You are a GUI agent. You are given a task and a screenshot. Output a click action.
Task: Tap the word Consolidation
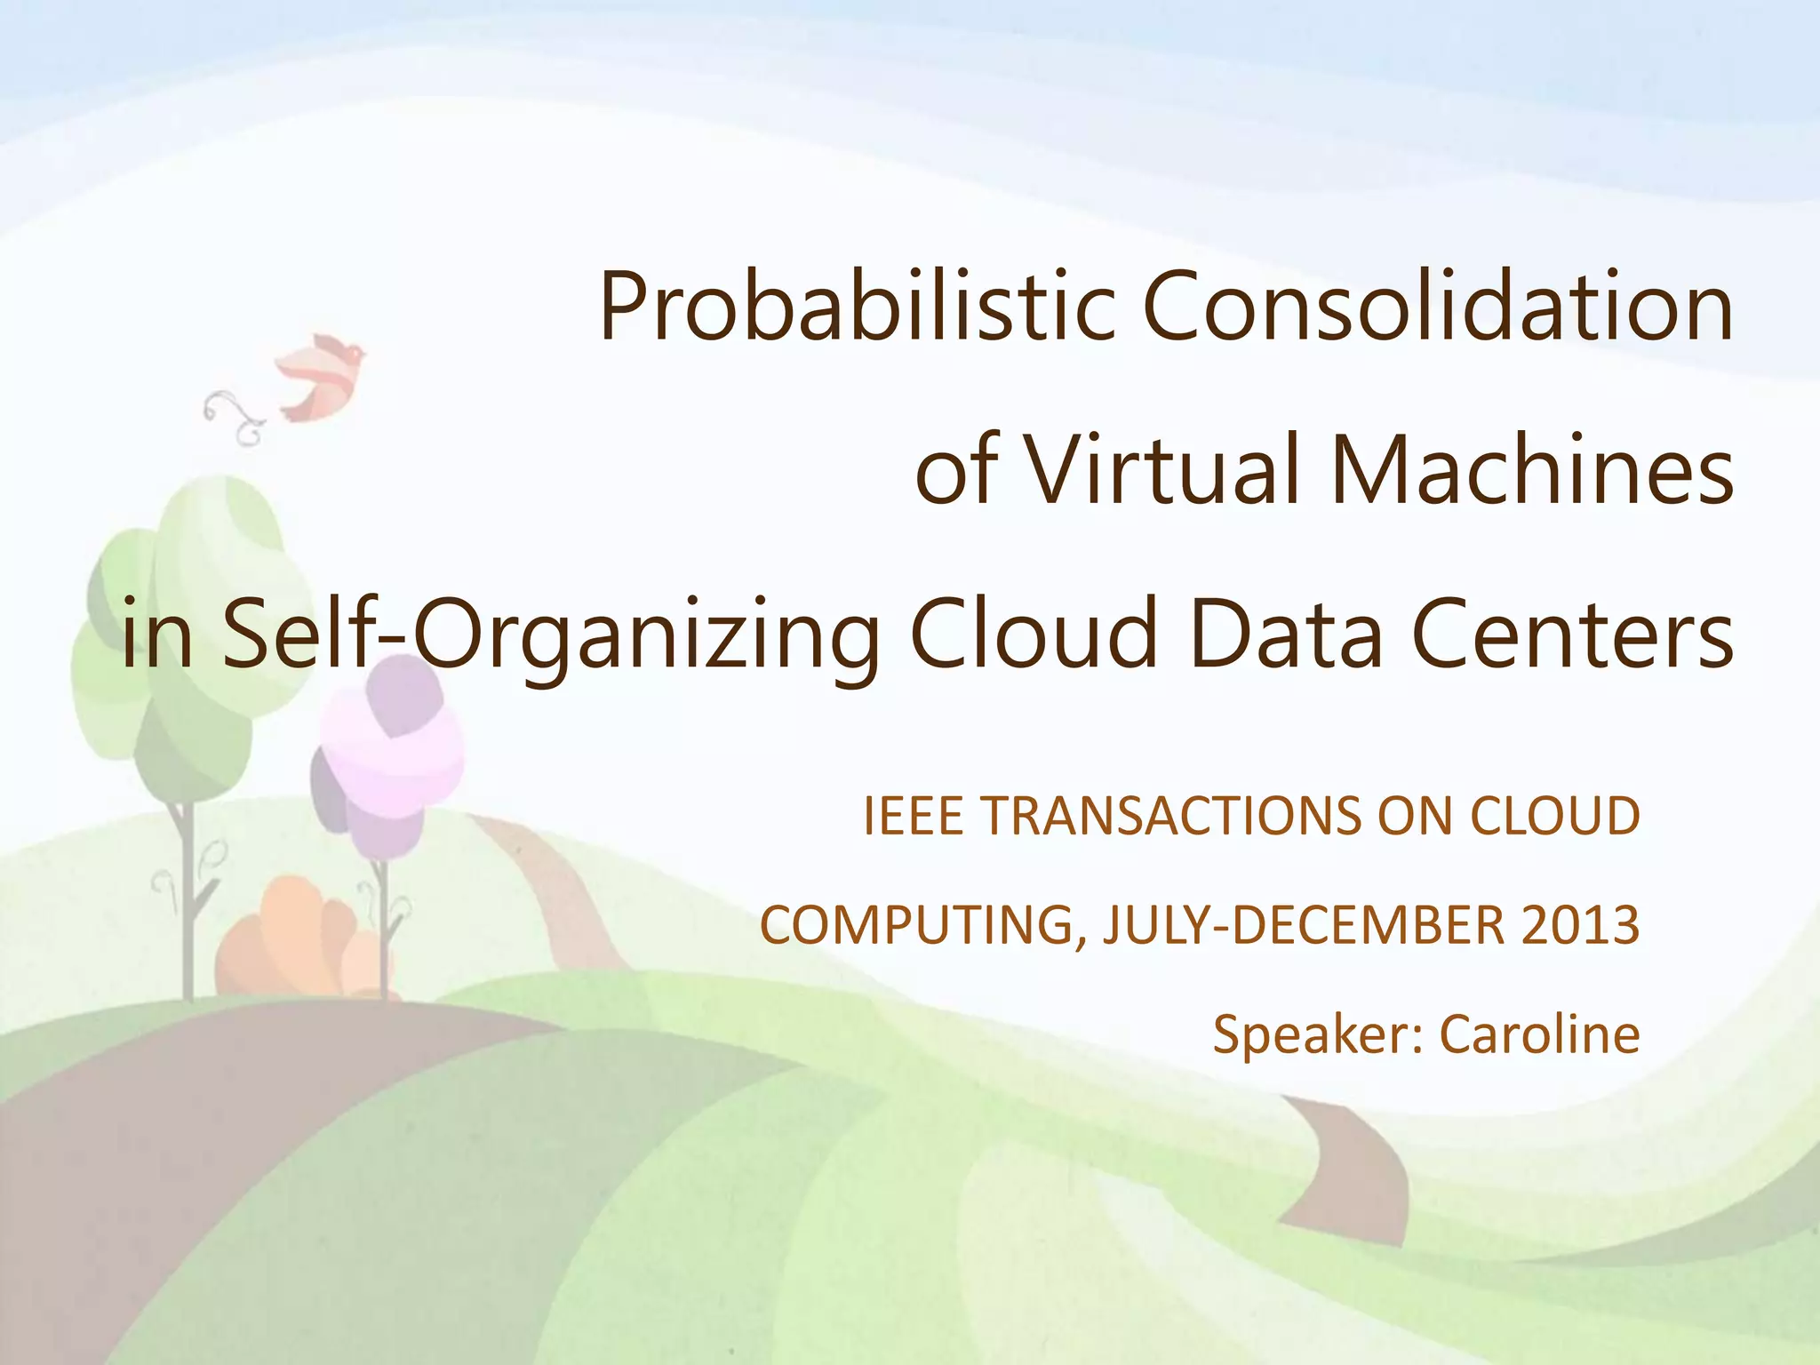coord(1437,307)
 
